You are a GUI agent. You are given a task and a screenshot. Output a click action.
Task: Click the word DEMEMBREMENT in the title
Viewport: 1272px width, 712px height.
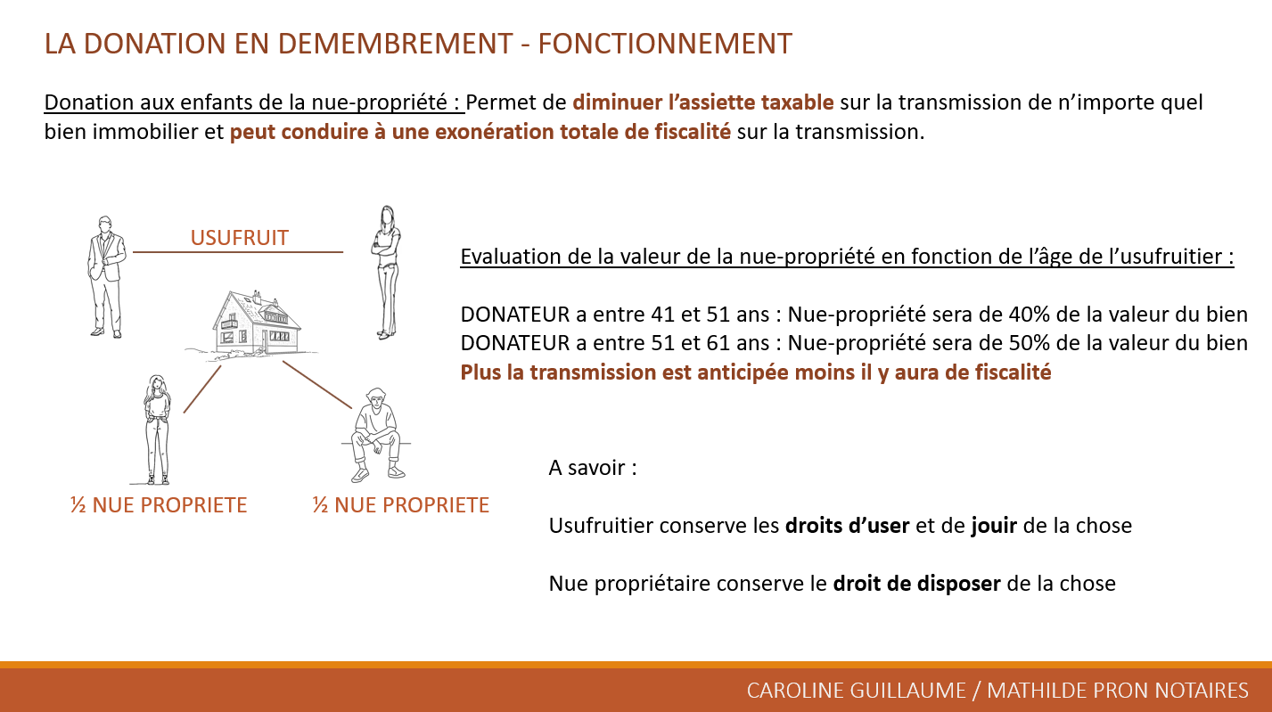pyautogui.click(x=395, y=44)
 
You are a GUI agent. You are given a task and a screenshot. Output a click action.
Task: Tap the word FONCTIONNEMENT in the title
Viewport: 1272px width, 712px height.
pyautogui.click(x=665, y=44)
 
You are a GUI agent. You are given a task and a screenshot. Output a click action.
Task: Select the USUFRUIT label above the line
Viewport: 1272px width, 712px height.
pyautogui.click(x=240, y=238)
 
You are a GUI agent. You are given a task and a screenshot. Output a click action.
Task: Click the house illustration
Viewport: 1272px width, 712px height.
pyautogui.click(x=252, y=324)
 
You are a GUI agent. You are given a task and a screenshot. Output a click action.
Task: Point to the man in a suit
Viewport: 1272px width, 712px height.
pyautogui.click(x=106, y=277)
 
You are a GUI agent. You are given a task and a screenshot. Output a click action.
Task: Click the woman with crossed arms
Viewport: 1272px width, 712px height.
pyautogui.click(x=386, y=273)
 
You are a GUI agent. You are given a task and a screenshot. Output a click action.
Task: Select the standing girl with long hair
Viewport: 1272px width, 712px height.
pyautogui.click(x=157, y=430)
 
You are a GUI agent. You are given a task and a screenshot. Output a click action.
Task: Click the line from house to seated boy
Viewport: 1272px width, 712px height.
pyautogui.click(x=317, y=385)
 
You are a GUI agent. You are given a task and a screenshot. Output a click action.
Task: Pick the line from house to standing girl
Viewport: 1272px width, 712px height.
pyautogui.click(x=202, y=389)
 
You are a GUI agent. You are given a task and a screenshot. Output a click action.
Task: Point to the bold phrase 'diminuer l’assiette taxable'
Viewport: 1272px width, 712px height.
pyautogui.click(x=703, y=102)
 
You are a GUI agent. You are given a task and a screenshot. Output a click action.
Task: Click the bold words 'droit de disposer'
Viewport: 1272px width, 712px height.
pyautogui.click(x=916, y=584)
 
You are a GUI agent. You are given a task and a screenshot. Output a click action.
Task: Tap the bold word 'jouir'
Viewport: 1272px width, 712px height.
pyautogui.click(x=994, y=526)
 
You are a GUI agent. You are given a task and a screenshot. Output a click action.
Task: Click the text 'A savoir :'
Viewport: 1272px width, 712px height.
pyautogui.click(x=593, y=468)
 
